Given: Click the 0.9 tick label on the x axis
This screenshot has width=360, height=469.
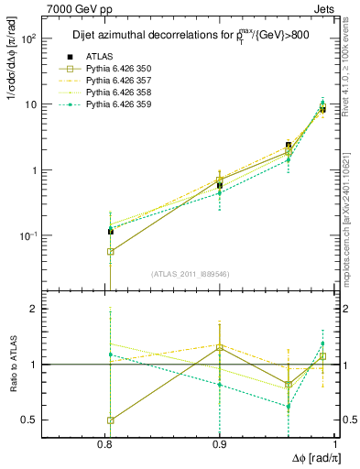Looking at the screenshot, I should coord(219,444).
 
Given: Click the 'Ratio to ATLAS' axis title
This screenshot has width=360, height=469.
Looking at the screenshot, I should coord(12,365).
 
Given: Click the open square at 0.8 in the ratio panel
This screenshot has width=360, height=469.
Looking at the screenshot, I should coord(111,420).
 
